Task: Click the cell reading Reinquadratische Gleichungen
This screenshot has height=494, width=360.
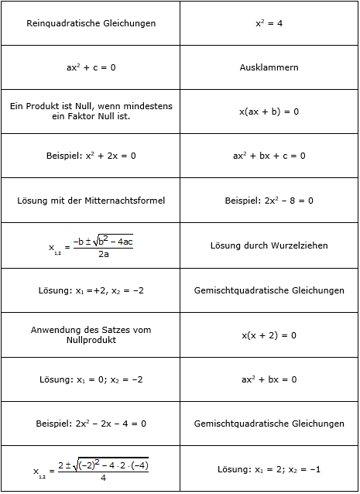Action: point(91,23)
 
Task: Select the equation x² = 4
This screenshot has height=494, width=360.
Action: point(269,23)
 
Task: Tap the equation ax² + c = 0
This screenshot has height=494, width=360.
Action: point(91,67)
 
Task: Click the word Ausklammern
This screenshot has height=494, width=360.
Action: point(269,67)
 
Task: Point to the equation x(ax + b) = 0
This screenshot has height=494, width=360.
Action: point(269,111)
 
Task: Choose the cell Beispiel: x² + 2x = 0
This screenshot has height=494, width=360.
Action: point(91,156)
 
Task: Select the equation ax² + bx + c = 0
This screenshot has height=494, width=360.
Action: point(269,156)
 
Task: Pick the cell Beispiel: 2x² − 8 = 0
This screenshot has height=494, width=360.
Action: point(269,201)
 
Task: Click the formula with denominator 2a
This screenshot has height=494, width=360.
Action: point(91,245)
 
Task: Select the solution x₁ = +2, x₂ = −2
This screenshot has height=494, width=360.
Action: point(91,290)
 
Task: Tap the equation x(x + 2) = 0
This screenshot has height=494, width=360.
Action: point(269,335)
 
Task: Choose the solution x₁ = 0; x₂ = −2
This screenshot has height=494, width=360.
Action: point(91,379)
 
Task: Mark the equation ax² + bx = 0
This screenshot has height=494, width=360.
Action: point(269,379)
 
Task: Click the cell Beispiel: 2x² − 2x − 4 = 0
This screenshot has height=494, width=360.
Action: point(91,424)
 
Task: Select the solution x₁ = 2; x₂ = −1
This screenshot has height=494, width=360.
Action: point(269,469)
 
